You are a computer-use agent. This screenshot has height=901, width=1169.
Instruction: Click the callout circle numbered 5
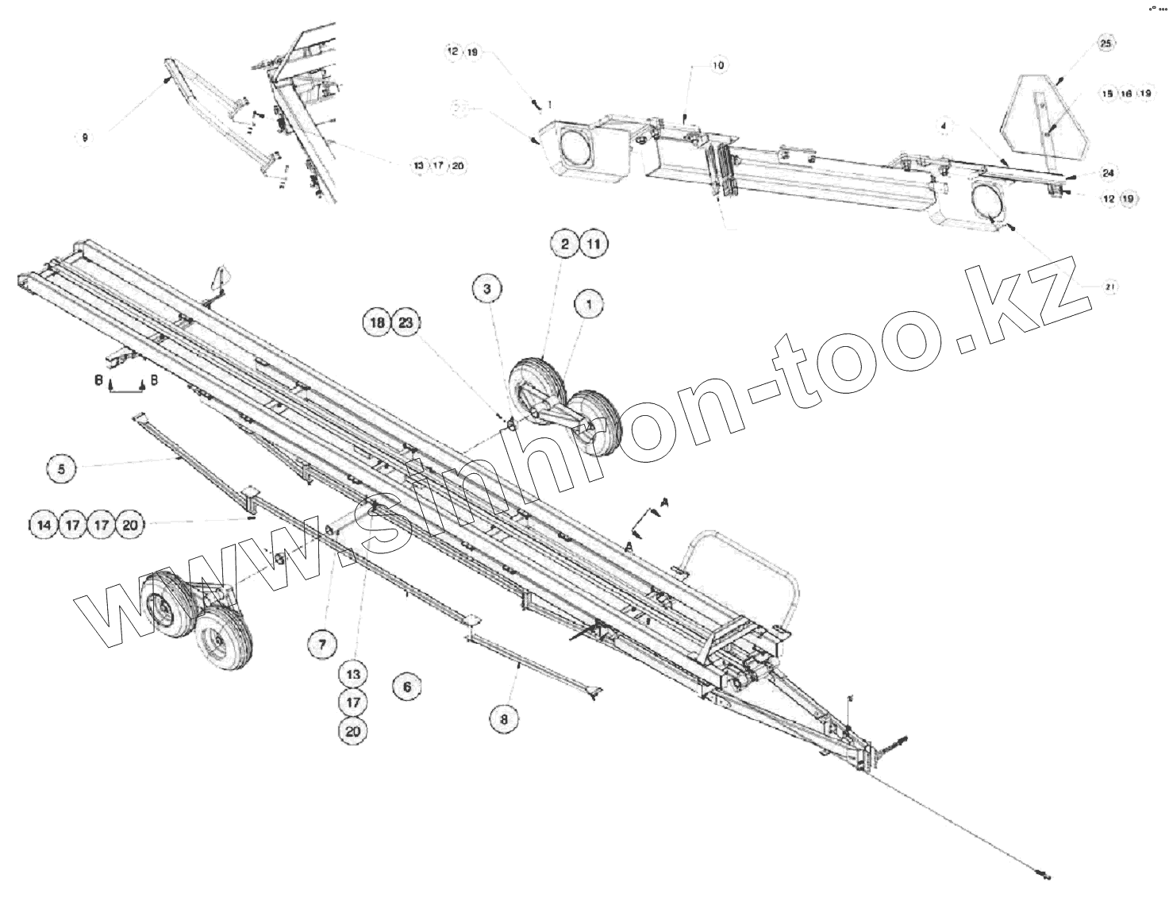61,469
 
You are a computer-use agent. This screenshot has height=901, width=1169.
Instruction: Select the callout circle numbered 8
504,718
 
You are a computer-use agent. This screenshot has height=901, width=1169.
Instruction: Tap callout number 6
407,686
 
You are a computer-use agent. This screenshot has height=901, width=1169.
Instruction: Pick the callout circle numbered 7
322,645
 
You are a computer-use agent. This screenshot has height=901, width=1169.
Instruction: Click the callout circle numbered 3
487,290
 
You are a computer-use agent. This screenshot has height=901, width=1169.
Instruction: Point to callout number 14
44,525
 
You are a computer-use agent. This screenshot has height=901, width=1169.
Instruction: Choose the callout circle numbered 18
378,323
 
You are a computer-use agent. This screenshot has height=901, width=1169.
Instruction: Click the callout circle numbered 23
406,323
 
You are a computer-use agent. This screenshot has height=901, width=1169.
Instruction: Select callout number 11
594,245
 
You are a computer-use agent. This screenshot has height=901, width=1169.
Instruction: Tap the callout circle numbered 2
565,245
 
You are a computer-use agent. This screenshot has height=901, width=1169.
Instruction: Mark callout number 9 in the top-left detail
85,137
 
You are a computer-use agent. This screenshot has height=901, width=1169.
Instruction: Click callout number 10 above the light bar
717,65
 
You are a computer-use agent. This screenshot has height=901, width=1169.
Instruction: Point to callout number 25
1106,44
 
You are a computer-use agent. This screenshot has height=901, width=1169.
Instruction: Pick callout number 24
1108,173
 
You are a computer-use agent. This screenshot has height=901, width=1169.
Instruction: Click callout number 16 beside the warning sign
1125,94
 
